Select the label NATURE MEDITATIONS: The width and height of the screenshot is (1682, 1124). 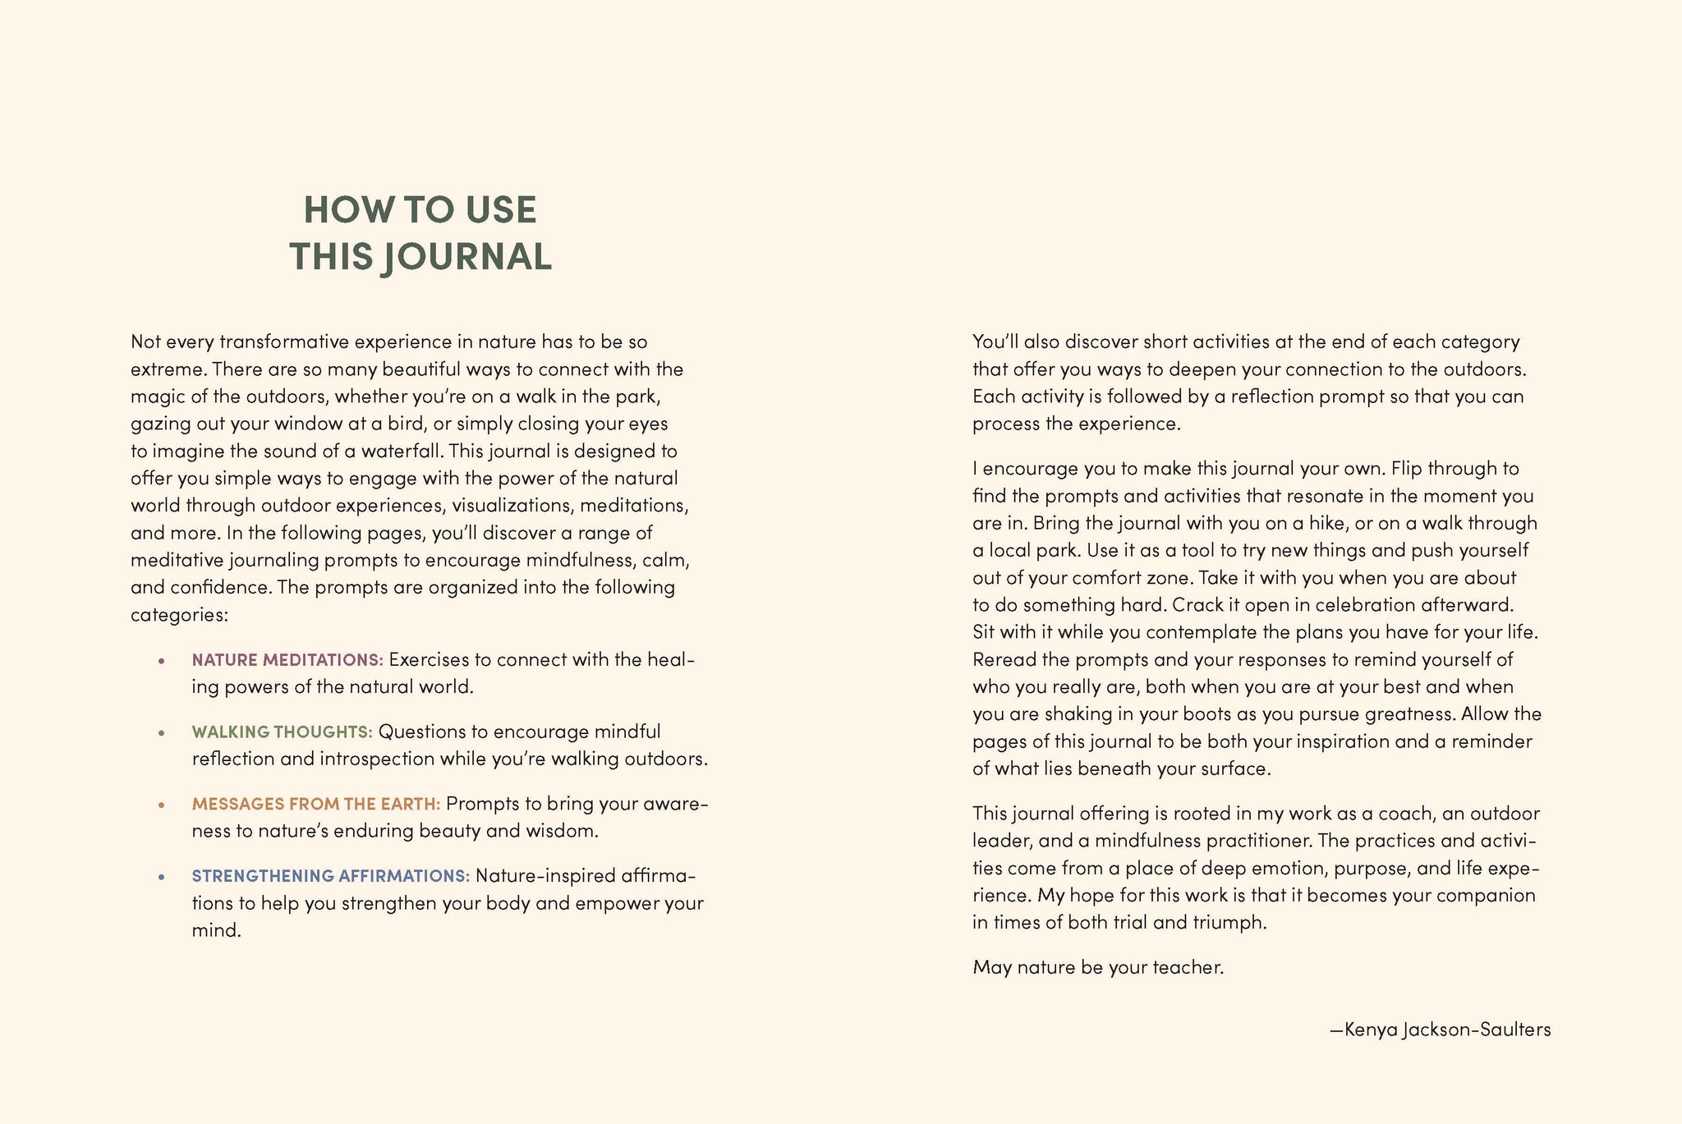pyautogui.click(x=287, y=660)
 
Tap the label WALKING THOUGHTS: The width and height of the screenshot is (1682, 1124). pyautogui.click(x=283, y=732)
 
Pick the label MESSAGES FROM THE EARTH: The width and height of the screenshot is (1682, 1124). pyautogui.click(x=316, y=804)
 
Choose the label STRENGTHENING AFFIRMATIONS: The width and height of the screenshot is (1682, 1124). pyautogui.click(x=331, y=876)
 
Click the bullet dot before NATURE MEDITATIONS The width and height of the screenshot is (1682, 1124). pyautogui.click(x=162, y=661)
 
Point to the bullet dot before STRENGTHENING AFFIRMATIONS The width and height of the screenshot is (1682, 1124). pyautogui.click(x=162, y=877)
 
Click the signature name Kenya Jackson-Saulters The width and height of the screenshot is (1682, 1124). pyautogui.click(x=1447, y=1030)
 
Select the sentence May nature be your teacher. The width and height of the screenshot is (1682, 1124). pyautogui.click(x=1098, y=967)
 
